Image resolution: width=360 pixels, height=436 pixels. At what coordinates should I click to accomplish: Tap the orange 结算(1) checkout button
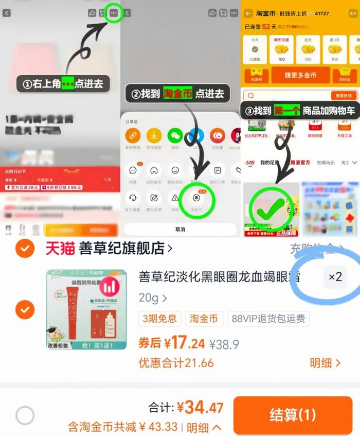point(293,415)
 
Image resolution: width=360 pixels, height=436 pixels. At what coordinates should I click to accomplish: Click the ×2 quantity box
point(335,277)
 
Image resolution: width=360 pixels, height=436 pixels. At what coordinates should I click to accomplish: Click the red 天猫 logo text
point(60,249)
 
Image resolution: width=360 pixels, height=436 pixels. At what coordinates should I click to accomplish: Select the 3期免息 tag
point(159,319)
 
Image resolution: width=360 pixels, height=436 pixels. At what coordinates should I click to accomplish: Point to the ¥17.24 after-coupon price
point(172,343)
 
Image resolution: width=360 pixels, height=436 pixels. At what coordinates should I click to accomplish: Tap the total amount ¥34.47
point(200,408)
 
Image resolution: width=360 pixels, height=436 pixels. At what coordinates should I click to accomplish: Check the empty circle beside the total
point(25,415)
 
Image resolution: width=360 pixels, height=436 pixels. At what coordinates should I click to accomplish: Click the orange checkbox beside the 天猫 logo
point(25,249)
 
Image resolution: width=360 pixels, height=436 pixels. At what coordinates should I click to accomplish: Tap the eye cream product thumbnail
point(86,309)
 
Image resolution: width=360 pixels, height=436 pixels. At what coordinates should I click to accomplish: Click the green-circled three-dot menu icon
point(114,13)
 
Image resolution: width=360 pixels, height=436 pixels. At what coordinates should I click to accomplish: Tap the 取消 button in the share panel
point(180,229)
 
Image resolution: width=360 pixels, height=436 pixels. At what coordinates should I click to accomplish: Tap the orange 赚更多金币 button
point(300,75)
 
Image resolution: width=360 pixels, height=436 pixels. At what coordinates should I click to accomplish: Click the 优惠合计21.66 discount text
point(176,363)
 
